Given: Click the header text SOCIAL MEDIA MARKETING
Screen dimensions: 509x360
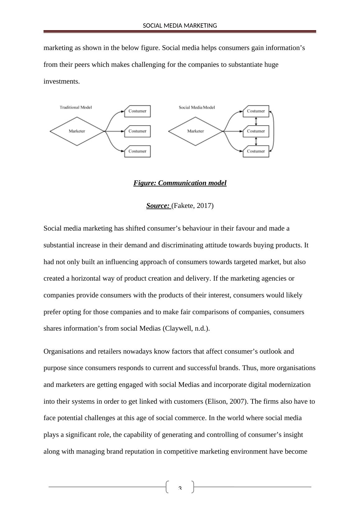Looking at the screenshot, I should pos(180,26).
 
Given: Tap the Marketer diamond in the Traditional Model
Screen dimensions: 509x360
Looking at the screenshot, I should pos(77,131).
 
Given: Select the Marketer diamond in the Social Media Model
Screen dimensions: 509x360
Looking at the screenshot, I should pos(196,131).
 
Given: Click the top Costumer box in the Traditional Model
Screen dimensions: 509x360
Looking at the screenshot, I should pos(137,111).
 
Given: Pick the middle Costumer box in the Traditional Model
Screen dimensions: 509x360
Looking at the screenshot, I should pos(137,131).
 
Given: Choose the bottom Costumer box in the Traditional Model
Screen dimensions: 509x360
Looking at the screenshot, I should pos(137,151).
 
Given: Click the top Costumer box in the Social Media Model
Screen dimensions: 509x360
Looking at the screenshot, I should pos(256,111).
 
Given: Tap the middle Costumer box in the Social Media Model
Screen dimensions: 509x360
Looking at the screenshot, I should pos(256,131).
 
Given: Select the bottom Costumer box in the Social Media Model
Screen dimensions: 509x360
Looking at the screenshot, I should pos(256,151).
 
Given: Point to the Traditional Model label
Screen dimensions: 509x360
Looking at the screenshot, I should pos(76,107).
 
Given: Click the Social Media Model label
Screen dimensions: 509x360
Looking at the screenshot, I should pos(197,107).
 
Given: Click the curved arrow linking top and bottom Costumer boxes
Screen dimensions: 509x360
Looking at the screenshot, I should pos(273,131).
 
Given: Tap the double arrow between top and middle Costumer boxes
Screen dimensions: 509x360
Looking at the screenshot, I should pos(256,121).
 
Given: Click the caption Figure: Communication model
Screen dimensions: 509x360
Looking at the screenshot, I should pos(180,183).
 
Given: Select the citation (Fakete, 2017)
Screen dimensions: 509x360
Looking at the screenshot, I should pos(192,206).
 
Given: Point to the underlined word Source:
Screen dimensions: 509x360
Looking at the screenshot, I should pos(158,206).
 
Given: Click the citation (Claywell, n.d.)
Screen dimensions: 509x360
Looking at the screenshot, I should pos(186,328).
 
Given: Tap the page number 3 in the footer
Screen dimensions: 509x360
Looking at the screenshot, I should pos(180,488).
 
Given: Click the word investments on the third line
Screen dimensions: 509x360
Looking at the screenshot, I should pos(62,81).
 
